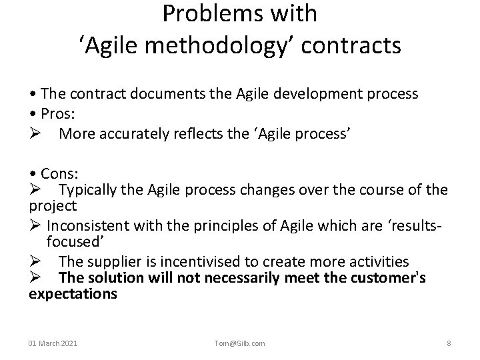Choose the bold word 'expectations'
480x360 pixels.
[x=73, y=294]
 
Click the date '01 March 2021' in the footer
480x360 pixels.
[x=53, y=343]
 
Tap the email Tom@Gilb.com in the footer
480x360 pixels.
[x=240, y=343]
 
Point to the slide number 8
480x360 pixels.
[x=449, y=343]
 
